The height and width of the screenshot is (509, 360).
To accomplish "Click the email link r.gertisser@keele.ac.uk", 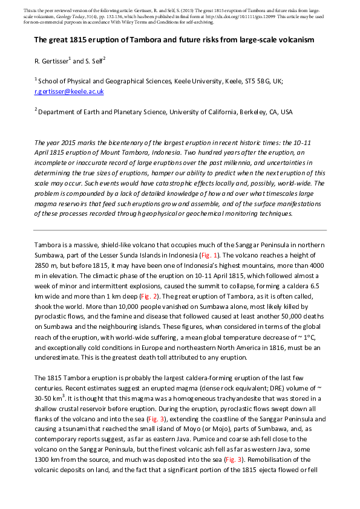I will tap(69, 91).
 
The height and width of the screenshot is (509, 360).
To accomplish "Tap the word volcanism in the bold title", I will tap(297, 40).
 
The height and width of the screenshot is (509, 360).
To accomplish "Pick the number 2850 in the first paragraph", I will tap(43, 266).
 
